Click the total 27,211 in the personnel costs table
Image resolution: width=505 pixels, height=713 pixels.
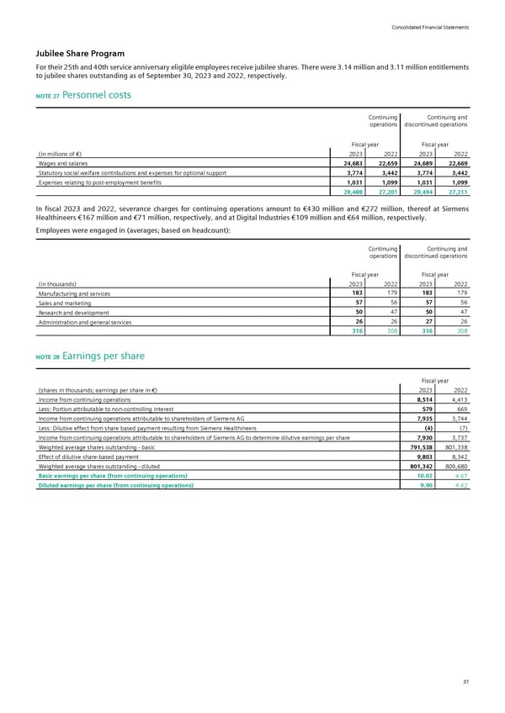coord(454,191)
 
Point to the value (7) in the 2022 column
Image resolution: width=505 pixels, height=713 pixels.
coord(462,425)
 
